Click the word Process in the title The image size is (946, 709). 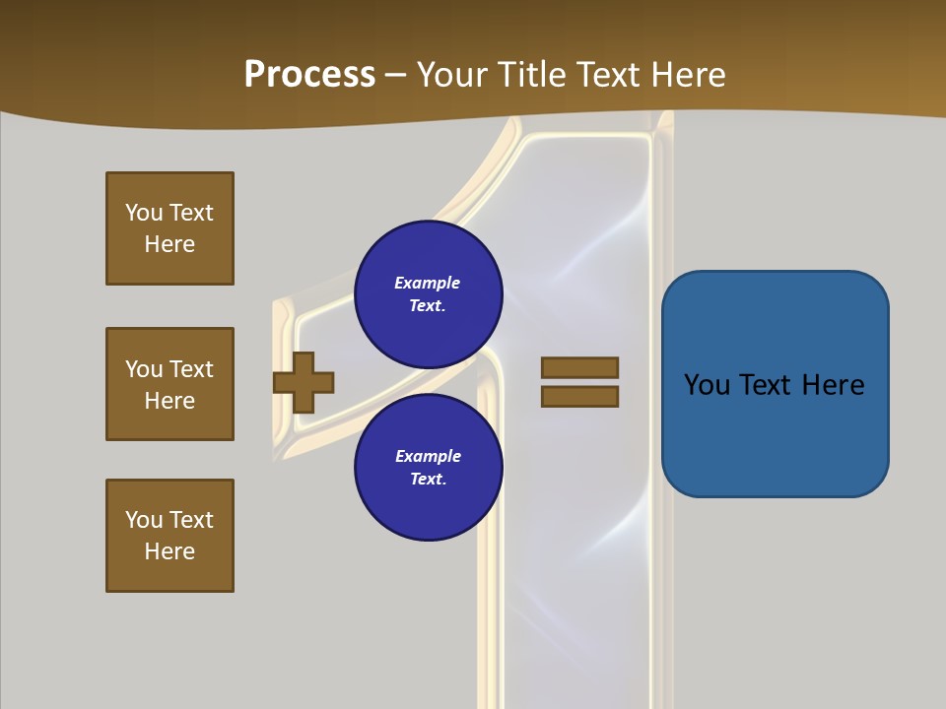point(309,75)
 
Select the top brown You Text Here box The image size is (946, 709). point(169,228)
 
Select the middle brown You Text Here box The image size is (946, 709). point(169,384)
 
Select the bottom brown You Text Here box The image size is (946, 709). point(169,536)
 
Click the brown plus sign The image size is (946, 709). point(304,381)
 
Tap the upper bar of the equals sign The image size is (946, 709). point(579,367)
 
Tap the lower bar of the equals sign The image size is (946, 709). point(579,396)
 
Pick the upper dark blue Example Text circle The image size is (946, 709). point(429,293)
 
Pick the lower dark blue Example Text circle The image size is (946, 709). point(429,467)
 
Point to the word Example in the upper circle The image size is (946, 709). point(427,283)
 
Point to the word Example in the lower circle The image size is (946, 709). point(428,456)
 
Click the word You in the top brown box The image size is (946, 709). point(143,213)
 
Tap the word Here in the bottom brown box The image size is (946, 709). point(169,551)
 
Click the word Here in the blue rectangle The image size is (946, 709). point(833,385)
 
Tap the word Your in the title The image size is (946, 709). point(451,75)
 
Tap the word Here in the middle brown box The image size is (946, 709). point(169,401)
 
